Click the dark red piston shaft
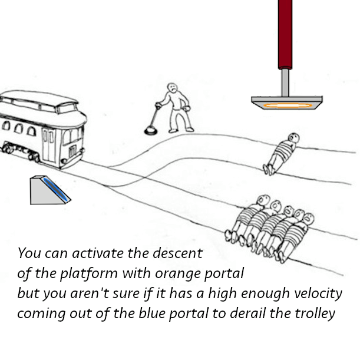[x=285, y=32]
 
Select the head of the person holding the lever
[x=171, y=88]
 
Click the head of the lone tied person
[x=292, y=138]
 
